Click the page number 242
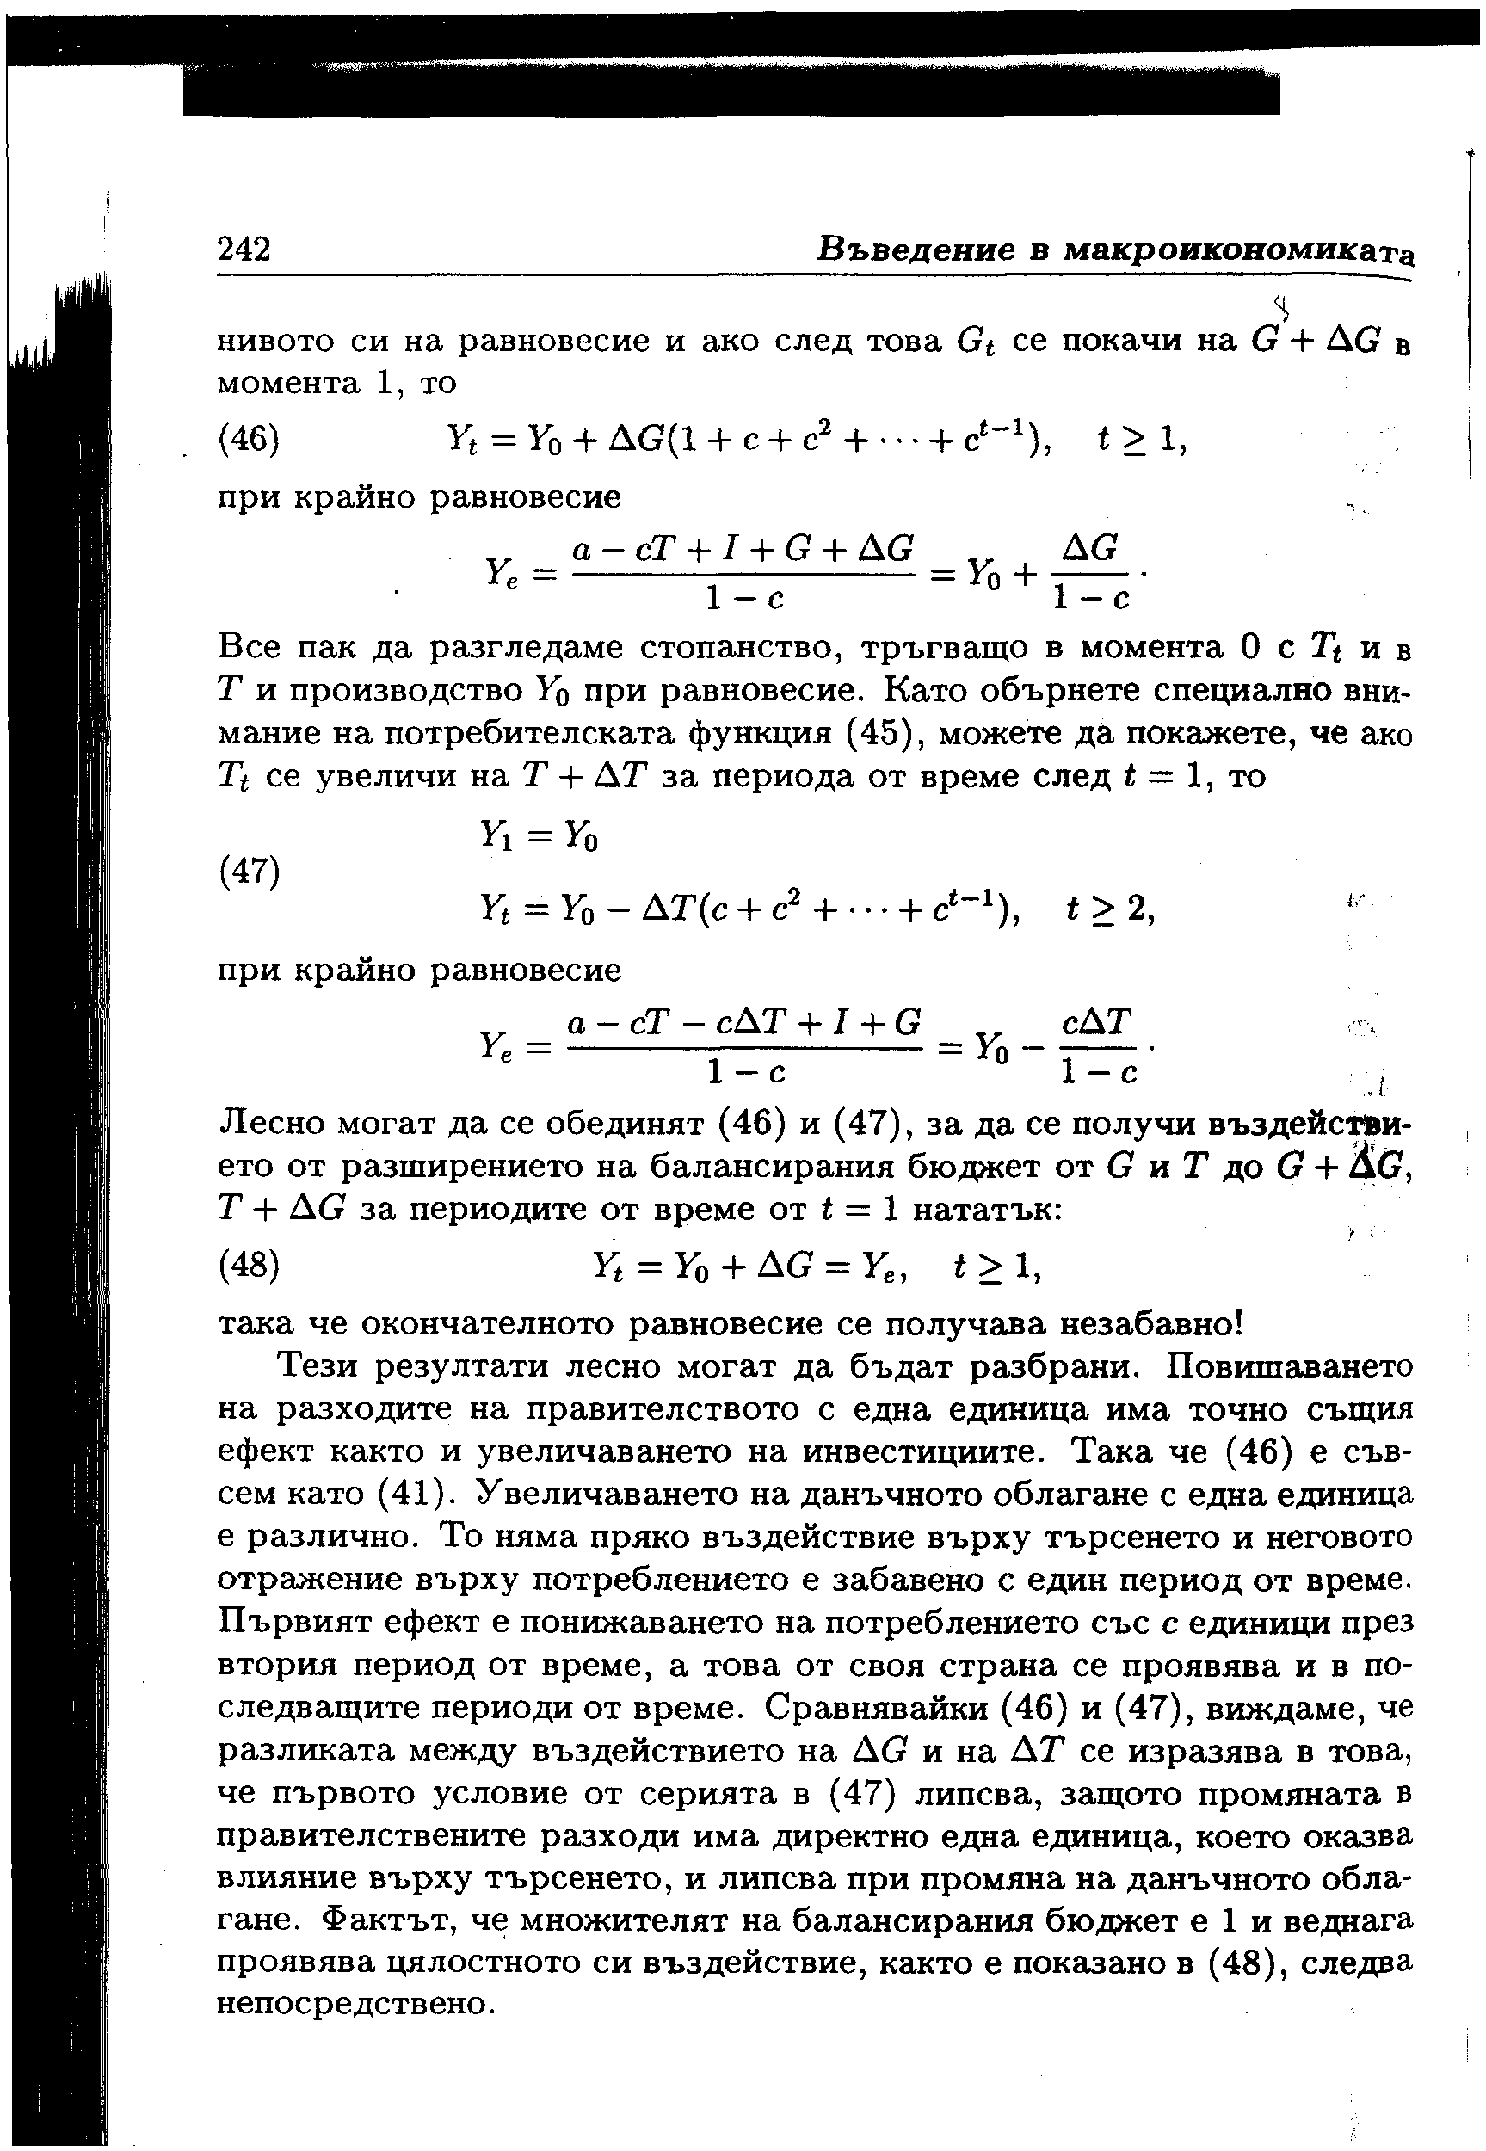click(x=244, y=250)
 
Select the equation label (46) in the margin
click(x=249, y=440)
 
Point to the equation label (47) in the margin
click(x=249, y=872)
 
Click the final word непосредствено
click(x=349, y=2004)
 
